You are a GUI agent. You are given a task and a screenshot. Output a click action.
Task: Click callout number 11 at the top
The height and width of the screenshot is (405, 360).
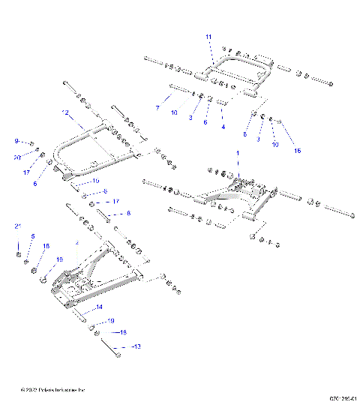[208, 37]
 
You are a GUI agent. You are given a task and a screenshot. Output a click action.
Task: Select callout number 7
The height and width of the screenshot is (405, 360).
[157, 109]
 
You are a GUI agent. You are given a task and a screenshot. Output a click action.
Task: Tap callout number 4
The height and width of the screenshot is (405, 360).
[223, 127]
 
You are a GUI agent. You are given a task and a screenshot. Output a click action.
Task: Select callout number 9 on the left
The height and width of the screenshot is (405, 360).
[16, 141]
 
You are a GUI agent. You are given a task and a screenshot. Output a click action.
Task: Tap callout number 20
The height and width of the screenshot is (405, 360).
[16, 157]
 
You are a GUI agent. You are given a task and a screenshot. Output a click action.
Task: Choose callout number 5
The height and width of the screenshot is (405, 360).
[32, 236]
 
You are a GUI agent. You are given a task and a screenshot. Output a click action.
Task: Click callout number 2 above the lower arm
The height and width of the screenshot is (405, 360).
[76, 242]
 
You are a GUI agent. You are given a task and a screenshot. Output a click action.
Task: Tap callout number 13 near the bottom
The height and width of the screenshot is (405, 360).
[136, 347]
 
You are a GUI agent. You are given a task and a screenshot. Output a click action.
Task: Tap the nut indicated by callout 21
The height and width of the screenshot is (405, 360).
[18, 254]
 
